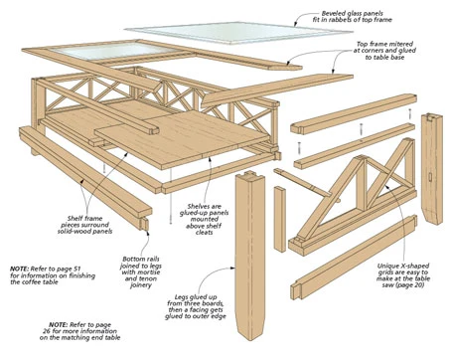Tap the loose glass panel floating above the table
coord(238,32)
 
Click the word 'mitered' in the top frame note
coord(401,44)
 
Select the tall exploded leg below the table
coord(250,257)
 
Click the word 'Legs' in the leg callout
coord(181,297)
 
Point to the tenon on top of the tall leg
coord(249,173)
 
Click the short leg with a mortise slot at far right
coord(432,169)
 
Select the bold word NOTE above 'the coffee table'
coord(20,269)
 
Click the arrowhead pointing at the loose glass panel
coord(296,24)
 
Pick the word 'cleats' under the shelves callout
coord(204,233)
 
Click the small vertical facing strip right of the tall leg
coord(280,219)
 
